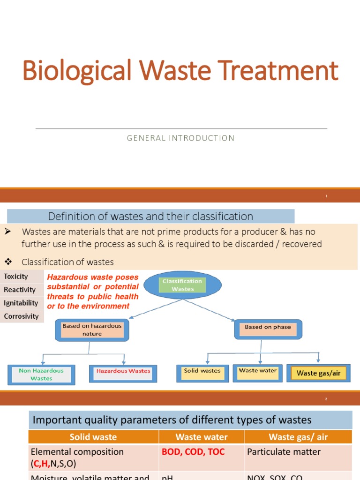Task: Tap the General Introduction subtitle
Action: (180, 138)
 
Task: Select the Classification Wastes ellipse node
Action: (182, 285)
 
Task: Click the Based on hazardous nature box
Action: (92, 330)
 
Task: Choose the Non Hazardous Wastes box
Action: (41, 374)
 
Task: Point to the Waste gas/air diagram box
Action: (318, 373)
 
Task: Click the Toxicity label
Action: (16, 277)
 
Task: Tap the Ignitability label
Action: (21, 303)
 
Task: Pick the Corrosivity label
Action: (21, 316)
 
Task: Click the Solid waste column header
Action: (93, 437)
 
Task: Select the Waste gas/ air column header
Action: (298, 437)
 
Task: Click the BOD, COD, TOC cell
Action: (193, 452)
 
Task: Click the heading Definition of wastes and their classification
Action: (150, 216)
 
